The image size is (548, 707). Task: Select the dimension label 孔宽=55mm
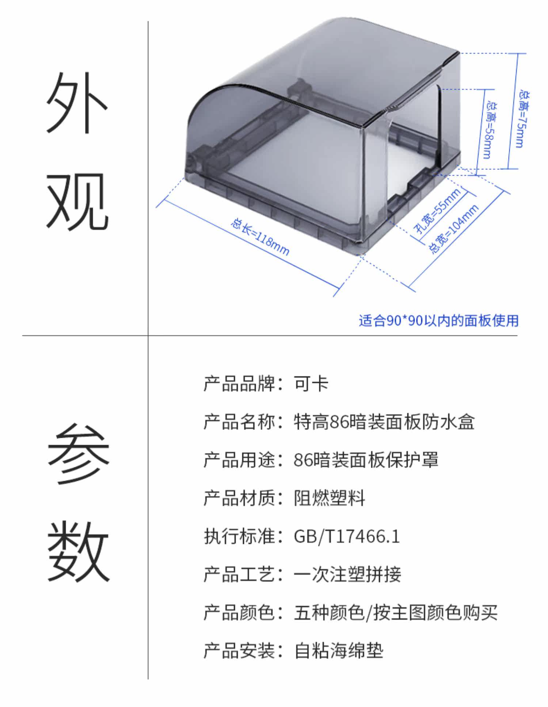point(437,211)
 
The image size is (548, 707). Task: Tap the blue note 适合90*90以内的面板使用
point(438,320)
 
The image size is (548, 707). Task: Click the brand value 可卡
point(311,384)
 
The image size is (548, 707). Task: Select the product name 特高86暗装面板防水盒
point(384,422)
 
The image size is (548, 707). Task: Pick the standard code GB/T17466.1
point(347,536)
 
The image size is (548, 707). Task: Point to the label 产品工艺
point(239,574)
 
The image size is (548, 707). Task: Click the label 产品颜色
point(239,613)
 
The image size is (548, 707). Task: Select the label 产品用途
point(239,460)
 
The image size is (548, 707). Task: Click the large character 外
point(77,102)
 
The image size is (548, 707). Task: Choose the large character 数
point(79,552)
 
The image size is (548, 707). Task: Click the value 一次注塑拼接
point(347,574)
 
